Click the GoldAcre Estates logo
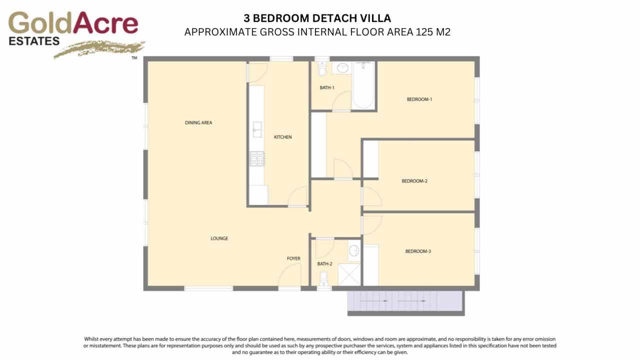tap(74, 33)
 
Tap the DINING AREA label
tap(199, 122)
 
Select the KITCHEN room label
tap(282, 137)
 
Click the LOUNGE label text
tap(219, 238)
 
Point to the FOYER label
tap(293, 258)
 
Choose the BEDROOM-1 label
tap(419, 99)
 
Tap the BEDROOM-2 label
tap(414, 181)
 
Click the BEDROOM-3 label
tap(417, 251)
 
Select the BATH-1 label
tap(327, 88)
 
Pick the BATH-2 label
tap(324, 263)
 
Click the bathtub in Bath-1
tap(363, 85)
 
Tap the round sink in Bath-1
tap(343, 68)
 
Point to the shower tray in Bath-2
tap(350, 274)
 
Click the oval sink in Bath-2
tap(353, 250)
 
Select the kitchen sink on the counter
tap(257, 129)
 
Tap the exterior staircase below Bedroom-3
tap(405, 301)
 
